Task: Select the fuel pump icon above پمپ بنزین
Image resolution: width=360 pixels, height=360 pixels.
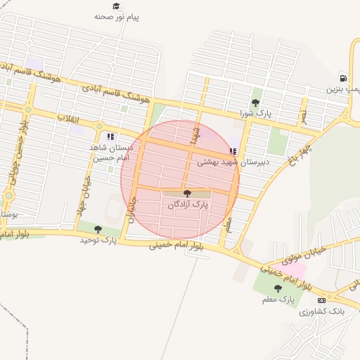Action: click(x=343, y=78)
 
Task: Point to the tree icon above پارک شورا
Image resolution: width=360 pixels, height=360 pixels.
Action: click(x=255, y=103)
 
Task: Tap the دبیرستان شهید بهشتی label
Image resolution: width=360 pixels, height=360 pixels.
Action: click(x=221, y=162)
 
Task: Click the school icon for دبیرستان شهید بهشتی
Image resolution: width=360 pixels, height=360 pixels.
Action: click(x=233, y=151)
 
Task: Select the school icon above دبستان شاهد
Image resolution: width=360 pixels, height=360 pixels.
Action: click(x=110, y=136)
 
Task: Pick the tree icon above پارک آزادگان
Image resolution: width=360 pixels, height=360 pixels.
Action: click(x=187, y=193)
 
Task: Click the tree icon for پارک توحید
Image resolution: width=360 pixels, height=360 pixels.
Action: click(x=98, y=229)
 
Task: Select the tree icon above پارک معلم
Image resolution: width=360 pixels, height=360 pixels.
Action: click(x=278, y=288)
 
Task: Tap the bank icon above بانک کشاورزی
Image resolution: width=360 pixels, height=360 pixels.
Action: click(x=321, y=301)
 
